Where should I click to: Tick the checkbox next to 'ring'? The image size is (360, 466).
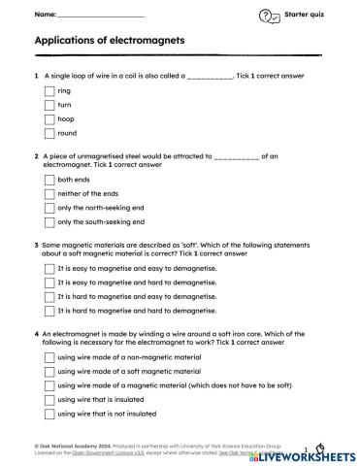pos(49,91)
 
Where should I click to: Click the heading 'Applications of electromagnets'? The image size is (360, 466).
pos(109,42)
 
